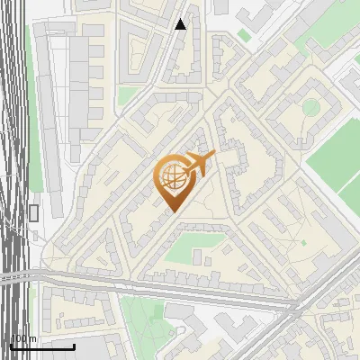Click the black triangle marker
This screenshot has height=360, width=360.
tap(181, 24)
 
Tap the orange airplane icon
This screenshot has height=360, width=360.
tap(200, 164)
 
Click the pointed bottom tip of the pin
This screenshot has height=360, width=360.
tap(172, 212)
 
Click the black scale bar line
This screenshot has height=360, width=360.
tap(41, 346)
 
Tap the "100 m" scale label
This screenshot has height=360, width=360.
tap(23, 339)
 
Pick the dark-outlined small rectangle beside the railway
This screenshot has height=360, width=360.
tap(34, 212)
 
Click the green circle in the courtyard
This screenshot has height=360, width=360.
tap(310, 108)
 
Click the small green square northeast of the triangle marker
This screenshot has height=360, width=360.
tap(244, 35)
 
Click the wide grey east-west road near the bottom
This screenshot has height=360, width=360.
tap(162, 289)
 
